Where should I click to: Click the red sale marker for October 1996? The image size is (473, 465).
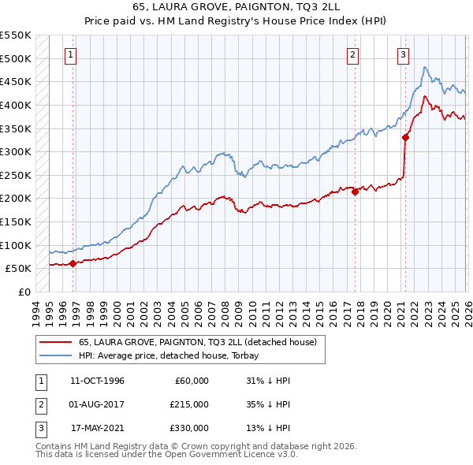click(73, 264)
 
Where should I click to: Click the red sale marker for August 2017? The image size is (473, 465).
click(355, 191)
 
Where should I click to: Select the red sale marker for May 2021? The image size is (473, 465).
click(406, 137)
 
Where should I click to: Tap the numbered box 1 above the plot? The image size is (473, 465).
click(71, 55)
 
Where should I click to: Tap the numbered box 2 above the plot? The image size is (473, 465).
click(352, 55)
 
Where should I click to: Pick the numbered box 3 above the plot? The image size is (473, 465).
click(403, 55)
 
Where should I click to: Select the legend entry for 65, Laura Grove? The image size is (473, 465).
click(197, 342)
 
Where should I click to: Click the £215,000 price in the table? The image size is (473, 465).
click(189, 405)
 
